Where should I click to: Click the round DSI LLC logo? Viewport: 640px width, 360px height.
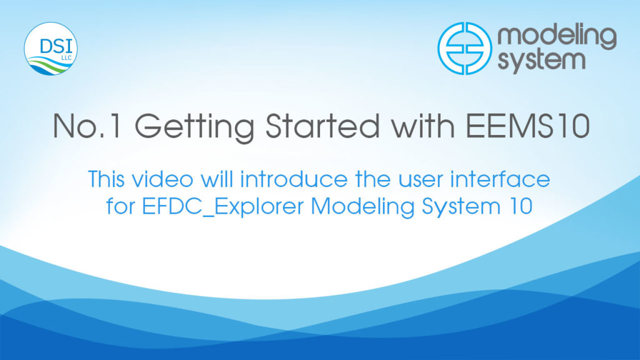[51, 49]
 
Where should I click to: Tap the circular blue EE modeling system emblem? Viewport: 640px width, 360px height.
[464, 48]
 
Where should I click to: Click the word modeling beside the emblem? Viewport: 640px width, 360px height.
[557, 39]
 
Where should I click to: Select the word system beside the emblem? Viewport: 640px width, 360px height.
[542, 61]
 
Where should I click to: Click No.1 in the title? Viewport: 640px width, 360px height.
[87, 126]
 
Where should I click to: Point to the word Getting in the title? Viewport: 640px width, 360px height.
[194, 127]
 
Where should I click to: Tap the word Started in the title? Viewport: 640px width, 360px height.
[322, 126]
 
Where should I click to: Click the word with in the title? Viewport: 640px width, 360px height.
[423, 126]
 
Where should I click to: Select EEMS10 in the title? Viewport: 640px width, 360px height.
[527, 126]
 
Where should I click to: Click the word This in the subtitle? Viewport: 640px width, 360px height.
[106, 179]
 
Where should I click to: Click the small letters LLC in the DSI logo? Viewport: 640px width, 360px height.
[66, 57]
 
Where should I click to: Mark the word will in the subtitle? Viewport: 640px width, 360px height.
[217, 179]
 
